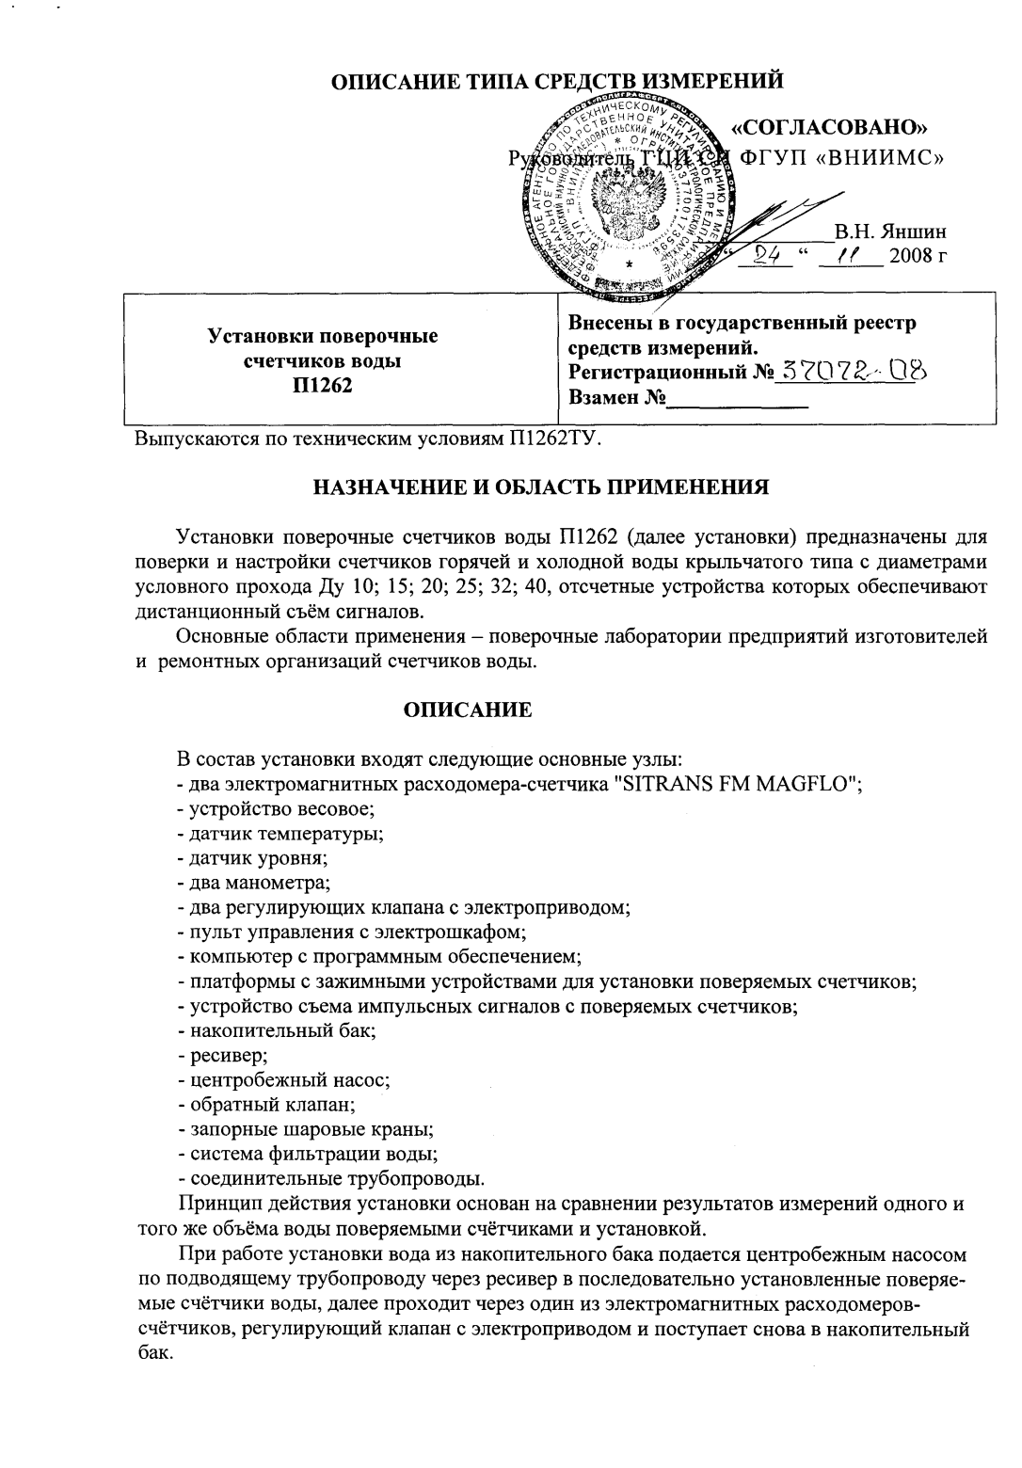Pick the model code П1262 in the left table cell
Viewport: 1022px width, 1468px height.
(322, 384)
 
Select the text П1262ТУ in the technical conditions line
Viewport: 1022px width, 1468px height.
(553, 439)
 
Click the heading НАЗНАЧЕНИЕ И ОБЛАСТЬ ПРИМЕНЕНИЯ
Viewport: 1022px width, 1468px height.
(541, 487)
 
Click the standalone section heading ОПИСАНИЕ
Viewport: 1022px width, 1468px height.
(468, 710)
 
